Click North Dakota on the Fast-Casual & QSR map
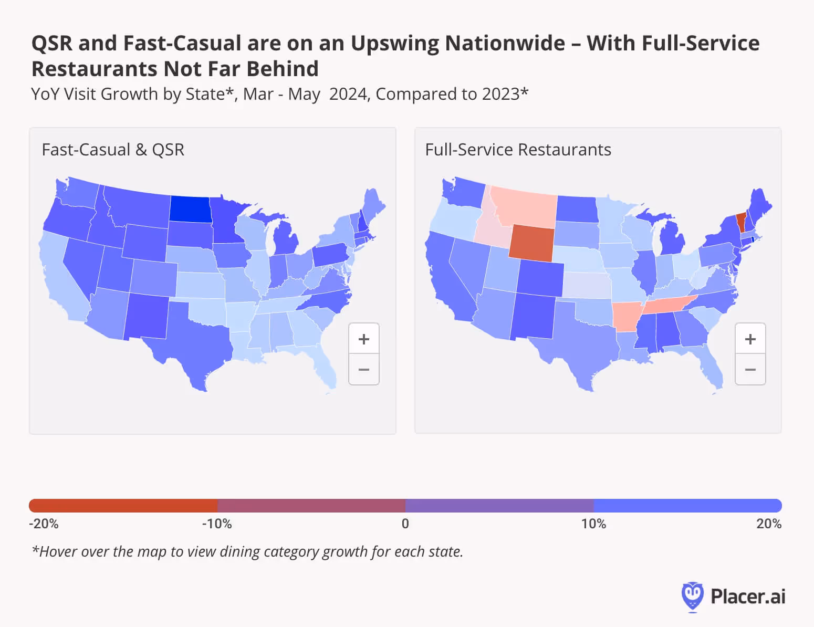[190, 208]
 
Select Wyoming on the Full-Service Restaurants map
[531, 243]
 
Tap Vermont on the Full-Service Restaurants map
[741, 222]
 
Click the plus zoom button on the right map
[750, 339]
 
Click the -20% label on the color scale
[44, 524]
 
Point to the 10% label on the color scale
[593, 524]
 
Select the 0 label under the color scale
[405, 524]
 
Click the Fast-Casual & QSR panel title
[113, 150]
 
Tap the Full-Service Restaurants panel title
[518, 150]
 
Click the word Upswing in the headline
[394, 44]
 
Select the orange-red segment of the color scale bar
[123, 506]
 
